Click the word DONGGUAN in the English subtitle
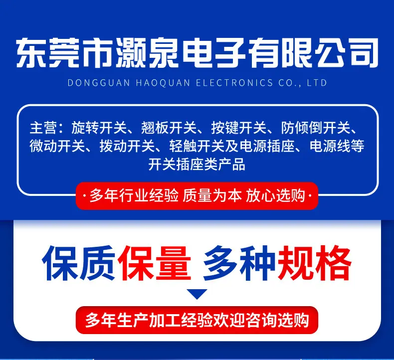(x=99, y=83)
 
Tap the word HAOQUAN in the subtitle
(x=163, y=83)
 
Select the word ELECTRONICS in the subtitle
(x=234, y=83)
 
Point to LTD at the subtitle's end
(x=317, y=83)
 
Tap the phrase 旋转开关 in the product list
(x=99, y=128)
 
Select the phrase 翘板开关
(x=169, y=128)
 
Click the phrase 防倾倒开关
(x=316, y=128)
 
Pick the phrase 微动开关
(x=57, y=146)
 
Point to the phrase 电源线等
(x=337, y=146)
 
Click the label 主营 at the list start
(x=43, y=128)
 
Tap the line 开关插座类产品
(x=197, y=165)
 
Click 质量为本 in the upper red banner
(x=212, y=195)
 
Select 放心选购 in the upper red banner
(x=275, y=195)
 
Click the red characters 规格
(x=314, y=263)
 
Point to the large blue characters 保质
(x=79, y=263)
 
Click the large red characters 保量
(x=154, y=263)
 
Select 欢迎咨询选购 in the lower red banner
(x=261, y=320)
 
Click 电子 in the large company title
(x=214, y=53)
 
